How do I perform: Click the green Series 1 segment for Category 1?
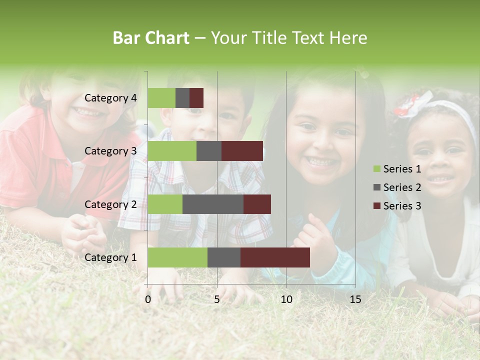click(x=177, y=257)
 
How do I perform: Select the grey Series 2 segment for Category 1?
click(x=224, y=257)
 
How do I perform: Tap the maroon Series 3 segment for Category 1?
click(x=275, y=257)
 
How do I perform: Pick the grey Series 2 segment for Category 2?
click(x=213, y=204)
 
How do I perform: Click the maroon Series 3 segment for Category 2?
click(x=257, y=204)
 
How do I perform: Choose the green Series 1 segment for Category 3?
click(x=172, y=151)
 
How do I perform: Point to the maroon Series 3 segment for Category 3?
click(x=242, y=151)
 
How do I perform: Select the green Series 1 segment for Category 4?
click(x=161, y=98)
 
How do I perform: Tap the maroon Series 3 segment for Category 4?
click(x=196, y=98)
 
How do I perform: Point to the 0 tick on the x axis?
click(x=148, y=299)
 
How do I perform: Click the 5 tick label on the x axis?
click(x=217, y=299)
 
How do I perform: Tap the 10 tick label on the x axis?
click(x=286, y=299)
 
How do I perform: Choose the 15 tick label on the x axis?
click(x=355, y=299)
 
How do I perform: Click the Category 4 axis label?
click(x=110, y=98)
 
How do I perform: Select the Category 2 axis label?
click(x=110, y=204)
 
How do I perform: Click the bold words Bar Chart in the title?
click(x=151, y=38)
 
